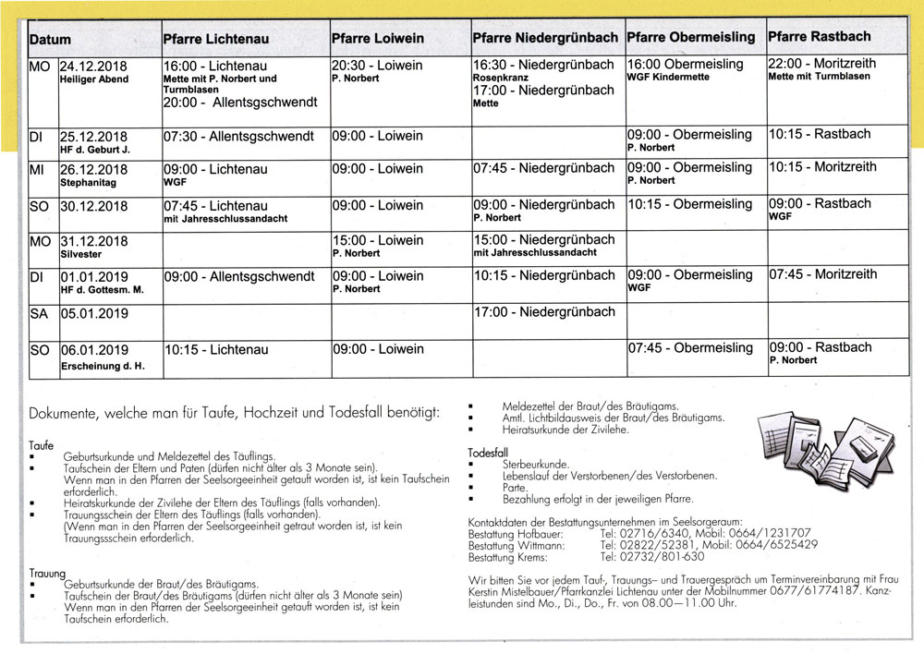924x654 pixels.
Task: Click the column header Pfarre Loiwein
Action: point(377,39)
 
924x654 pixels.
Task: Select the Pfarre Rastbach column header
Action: point(819,37)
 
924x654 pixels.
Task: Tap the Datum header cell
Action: point(50,41)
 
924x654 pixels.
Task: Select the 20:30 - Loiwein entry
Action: point(377,66)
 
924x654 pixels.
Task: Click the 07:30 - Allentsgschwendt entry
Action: point(238,136)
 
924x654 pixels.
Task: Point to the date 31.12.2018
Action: point(93,242)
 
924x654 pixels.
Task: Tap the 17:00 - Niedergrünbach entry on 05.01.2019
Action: point(543,312)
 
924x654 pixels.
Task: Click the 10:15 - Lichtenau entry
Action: point(216,350)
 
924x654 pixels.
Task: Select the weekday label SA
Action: point(39,314)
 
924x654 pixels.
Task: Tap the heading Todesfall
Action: point(490,454)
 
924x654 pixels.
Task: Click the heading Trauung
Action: point(47,574)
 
